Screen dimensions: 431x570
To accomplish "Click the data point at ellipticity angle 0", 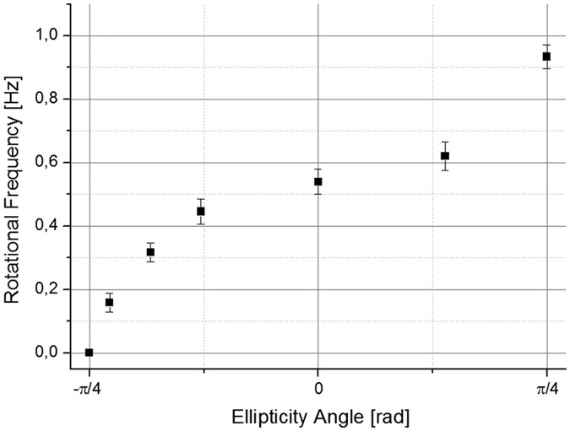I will coord(318,181).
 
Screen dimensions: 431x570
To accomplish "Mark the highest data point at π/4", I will coord(546,57).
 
